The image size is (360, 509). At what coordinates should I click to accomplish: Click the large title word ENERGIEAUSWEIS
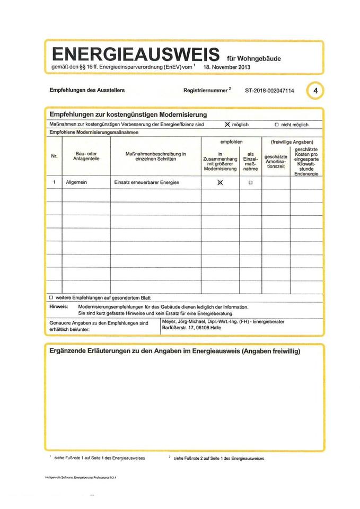(x=136, y=55)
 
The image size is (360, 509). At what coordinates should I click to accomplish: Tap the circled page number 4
(x=315, y=91)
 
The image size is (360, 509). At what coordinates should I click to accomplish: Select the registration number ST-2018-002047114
(x=269, y=91)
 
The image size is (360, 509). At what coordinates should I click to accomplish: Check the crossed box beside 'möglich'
(x=227, y=125)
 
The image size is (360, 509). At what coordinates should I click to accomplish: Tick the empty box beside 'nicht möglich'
(x=276, y=125)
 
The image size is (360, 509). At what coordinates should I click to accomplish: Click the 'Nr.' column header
(x=54, y=156)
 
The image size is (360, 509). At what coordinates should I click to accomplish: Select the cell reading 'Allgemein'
(x=76, y=182)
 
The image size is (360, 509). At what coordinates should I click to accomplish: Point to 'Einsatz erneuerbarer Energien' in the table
(x=147, y=182)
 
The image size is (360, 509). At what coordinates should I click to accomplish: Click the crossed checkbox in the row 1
(x=220, y=183)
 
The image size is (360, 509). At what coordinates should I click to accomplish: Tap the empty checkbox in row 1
(x=250, y=183)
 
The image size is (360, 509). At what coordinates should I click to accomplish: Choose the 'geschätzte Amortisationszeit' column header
(x=276, y=161)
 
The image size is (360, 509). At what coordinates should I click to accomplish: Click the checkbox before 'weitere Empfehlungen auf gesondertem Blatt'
(x=51, y=297)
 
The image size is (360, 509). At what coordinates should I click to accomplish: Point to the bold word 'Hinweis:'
(x=59, y=306)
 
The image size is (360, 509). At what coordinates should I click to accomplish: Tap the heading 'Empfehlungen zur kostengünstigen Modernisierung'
(x=128, y=114)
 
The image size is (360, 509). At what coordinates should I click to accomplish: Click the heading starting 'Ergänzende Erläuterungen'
(x=174, y=352)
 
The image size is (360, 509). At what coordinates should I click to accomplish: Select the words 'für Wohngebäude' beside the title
(x=253, y=58)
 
